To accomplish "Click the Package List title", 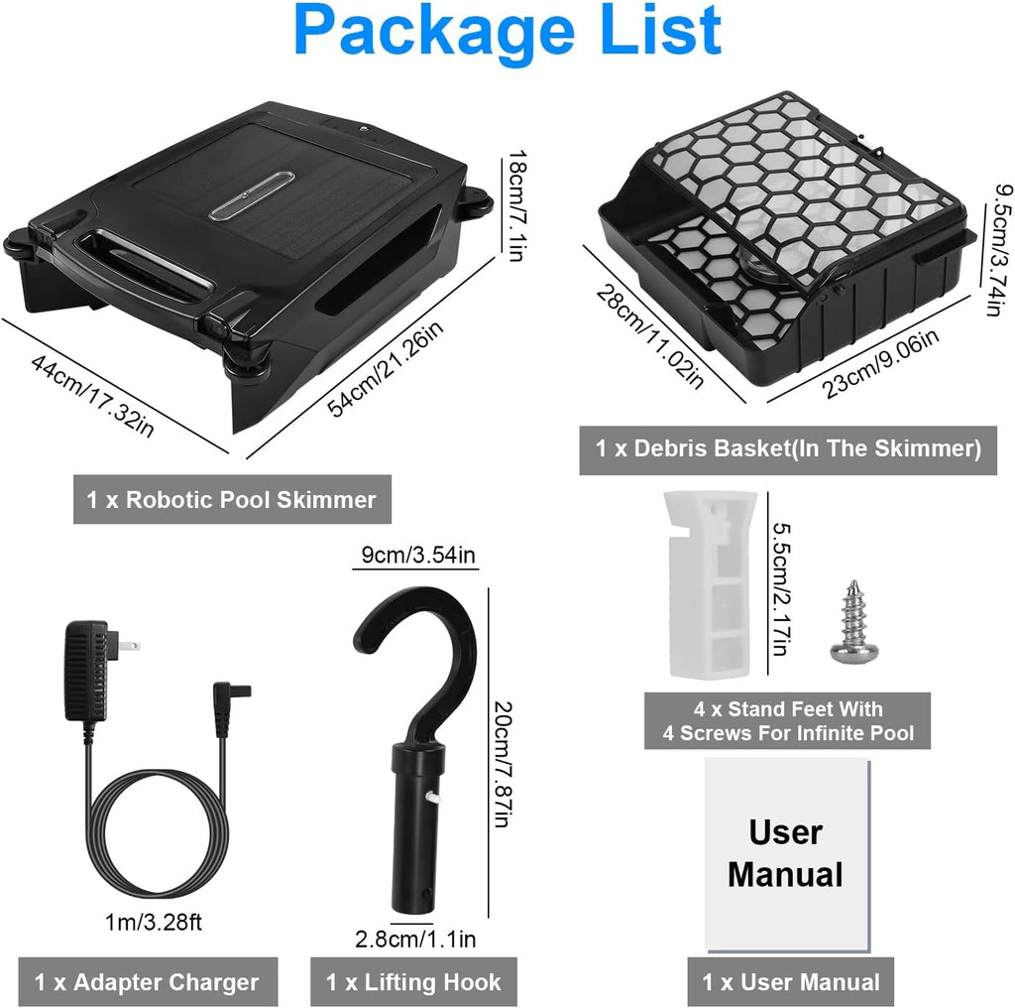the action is [507, 31].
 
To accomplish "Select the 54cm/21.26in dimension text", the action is [386, 368].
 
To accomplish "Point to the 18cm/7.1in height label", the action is [516, 205].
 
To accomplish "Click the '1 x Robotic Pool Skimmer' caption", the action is [232, 499].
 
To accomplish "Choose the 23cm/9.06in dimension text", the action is [880, 363].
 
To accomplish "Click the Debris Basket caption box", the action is [788, 449].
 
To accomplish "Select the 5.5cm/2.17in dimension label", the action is [780, 589].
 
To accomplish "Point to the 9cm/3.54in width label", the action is [418, 556].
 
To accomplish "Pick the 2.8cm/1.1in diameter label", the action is [415, 939].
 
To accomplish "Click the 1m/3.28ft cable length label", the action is [154, 922].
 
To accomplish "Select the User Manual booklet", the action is [787, 855].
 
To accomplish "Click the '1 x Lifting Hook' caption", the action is [413, 982].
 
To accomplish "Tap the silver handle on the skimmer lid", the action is [251, 195].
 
